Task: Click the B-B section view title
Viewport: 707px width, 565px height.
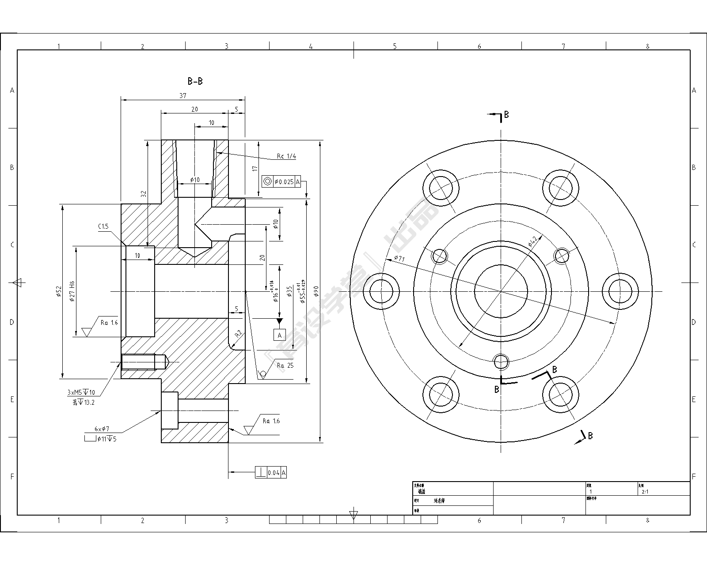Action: click(195, 81)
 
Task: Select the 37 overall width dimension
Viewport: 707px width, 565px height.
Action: click(182, 95)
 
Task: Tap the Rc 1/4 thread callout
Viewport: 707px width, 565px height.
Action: click(286, 156)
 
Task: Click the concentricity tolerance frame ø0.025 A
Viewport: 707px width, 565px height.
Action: click(281, 181)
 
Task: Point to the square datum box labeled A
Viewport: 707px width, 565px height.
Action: click(279, 335)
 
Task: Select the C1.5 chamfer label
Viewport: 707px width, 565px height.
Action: click(103, 226)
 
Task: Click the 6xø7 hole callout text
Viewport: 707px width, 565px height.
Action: click(102, 429)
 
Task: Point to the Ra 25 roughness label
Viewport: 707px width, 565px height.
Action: click(285, 365)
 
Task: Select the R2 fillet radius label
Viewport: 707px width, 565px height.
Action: click(239, 334)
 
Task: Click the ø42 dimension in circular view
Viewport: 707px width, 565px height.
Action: click(532, 241)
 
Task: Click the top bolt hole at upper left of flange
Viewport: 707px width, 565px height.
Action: click(441, 187)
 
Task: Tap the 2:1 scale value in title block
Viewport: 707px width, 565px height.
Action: click(645, 491)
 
